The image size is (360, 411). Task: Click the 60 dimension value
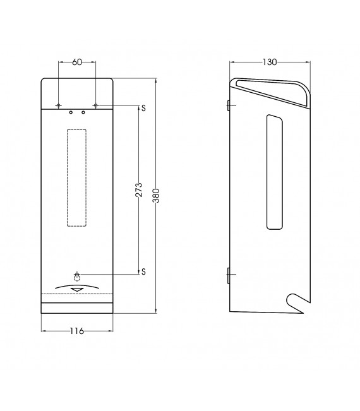click(77, 62)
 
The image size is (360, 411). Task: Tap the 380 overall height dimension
click(156, 195)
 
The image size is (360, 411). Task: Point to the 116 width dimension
click(77, 331)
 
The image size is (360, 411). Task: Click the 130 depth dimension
click(270, 62)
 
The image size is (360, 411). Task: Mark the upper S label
click(144, 107)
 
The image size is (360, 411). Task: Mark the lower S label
click(144, 271)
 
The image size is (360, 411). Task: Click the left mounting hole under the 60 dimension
click(58, 105)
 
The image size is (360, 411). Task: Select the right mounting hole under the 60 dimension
click(96, 105)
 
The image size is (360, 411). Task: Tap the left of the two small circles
click(71, 112)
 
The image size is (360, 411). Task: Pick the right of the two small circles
click(83, 112)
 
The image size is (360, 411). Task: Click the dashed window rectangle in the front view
click(77, 177)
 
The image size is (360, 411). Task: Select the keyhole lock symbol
click(77, 275)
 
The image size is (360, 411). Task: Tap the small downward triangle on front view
click(77, 290)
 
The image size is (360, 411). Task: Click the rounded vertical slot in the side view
click(274, 172)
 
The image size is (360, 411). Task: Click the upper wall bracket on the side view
click(229, 105)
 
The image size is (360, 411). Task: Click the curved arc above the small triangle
click(77, 285)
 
